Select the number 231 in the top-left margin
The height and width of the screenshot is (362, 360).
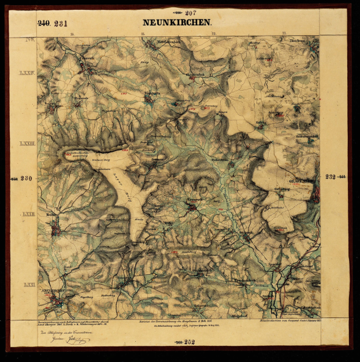pyautogui.click(x=61, y=24)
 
